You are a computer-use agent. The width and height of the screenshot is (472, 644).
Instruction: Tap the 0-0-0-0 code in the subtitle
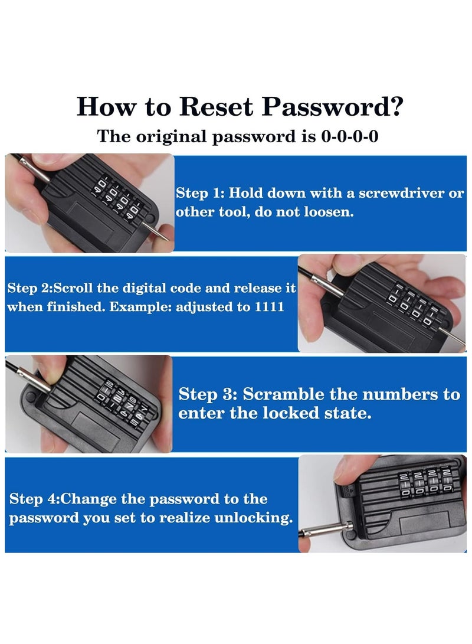[349, 136]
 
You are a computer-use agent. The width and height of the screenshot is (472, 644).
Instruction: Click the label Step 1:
[200, 192]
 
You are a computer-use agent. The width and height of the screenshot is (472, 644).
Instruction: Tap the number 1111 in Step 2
[269, 307]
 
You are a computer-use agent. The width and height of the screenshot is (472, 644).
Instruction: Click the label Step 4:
[34, 499]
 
